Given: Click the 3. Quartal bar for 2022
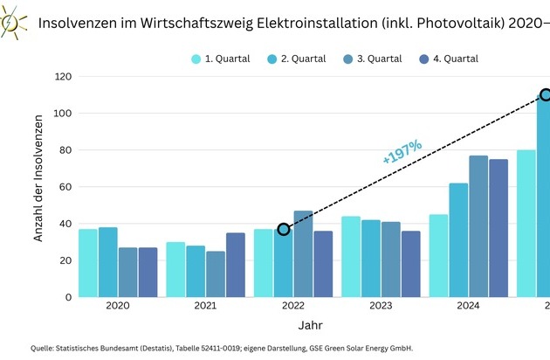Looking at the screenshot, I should (304, 254).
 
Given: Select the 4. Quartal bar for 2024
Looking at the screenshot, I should (498, 228).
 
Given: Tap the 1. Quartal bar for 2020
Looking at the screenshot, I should (88, 263).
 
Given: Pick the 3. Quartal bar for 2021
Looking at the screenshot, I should (216, 273).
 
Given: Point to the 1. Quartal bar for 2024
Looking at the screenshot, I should (438, 255).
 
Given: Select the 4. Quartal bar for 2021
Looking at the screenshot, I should (236, 265).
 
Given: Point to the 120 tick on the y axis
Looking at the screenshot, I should (61, 77).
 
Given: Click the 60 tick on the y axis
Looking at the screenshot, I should (64, 187).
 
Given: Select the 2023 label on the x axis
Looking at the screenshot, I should (381, 306).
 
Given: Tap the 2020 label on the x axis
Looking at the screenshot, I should (118, 306).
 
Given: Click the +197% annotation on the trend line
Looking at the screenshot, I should (402, 151).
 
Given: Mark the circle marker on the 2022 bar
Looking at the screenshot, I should (284, 229).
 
